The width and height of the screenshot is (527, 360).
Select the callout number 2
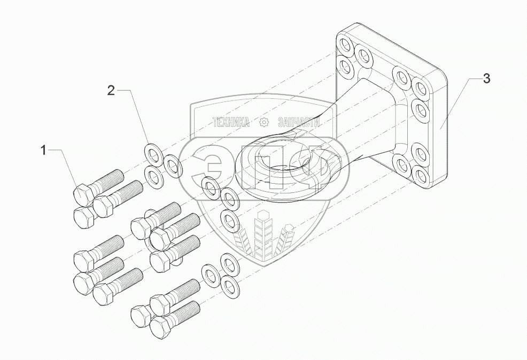click(x=111, y=90)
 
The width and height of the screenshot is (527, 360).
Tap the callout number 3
click(x=486, y=79)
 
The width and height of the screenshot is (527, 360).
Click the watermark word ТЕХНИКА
click(x=231, y=122)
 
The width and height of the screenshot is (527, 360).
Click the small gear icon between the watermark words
click(x=263, y=122)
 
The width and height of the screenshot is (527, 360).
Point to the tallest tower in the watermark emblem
click(x=263, y=235)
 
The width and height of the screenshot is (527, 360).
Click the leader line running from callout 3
click(x=454, y=101)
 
